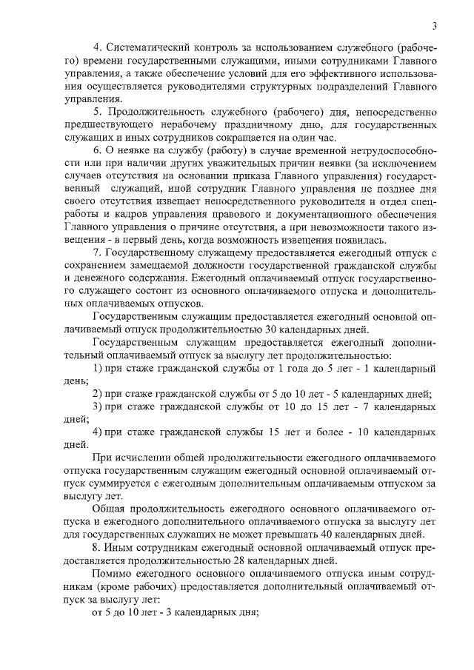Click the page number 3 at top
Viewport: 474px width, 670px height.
tap(435, 27)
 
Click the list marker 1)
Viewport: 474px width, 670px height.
tap(96, 368)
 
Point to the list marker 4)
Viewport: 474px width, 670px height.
tap(96, 432)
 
